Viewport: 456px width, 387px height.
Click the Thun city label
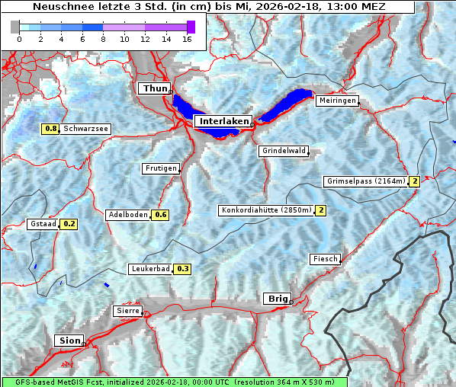click(x=154, y=89)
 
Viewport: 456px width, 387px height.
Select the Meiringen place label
click(x=336, y=101)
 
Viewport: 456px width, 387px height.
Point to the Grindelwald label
click(x=284, y=151)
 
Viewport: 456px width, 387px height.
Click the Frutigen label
click(x=160, y=168)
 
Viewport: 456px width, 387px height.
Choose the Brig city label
click(x=276, y=299)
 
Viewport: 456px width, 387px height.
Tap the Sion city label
click(x=69, y=341)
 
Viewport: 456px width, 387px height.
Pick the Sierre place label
click(x=127, y=311)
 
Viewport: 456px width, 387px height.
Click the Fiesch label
click(x=325, y=259)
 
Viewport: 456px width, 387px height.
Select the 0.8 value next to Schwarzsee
click(x=51, y=130)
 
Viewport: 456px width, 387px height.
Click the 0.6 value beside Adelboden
click(x=161, y=215)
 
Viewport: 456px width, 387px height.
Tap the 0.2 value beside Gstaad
click(x=69, y=224)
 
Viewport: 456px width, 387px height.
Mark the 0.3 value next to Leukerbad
click(x=182, y=269)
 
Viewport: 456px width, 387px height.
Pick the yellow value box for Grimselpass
click(x=415, y=181)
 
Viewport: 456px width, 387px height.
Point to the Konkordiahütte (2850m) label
click(x=266, y=210)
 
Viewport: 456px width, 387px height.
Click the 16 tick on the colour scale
click(x=187, y=38)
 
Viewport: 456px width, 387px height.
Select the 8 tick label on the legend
click(x=103, y=38)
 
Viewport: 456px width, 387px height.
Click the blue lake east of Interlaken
click(x=287, y=104)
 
